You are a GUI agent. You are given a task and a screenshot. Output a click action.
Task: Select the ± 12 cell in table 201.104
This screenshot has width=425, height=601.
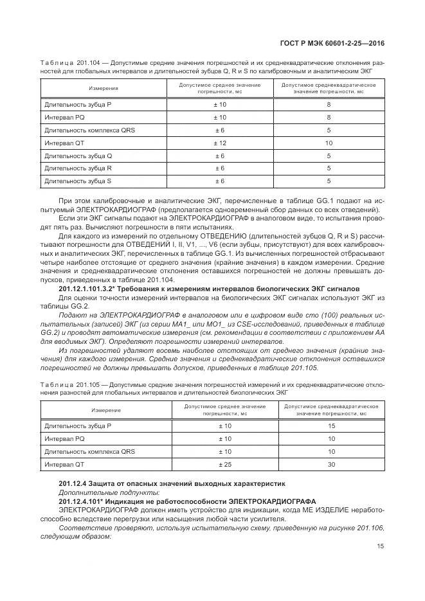[219, 143]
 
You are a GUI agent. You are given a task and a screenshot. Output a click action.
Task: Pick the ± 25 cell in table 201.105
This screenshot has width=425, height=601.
[224, 464]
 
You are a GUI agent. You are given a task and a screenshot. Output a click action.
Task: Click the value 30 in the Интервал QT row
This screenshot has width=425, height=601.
[331, 464]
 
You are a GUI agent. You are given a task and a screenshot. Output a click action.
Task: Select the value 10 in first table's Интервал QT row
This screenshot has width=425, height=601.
[329, 143]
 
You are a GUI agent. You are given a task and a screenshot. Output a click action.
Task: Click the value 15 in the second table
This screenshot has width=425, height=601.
[331, 426]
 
